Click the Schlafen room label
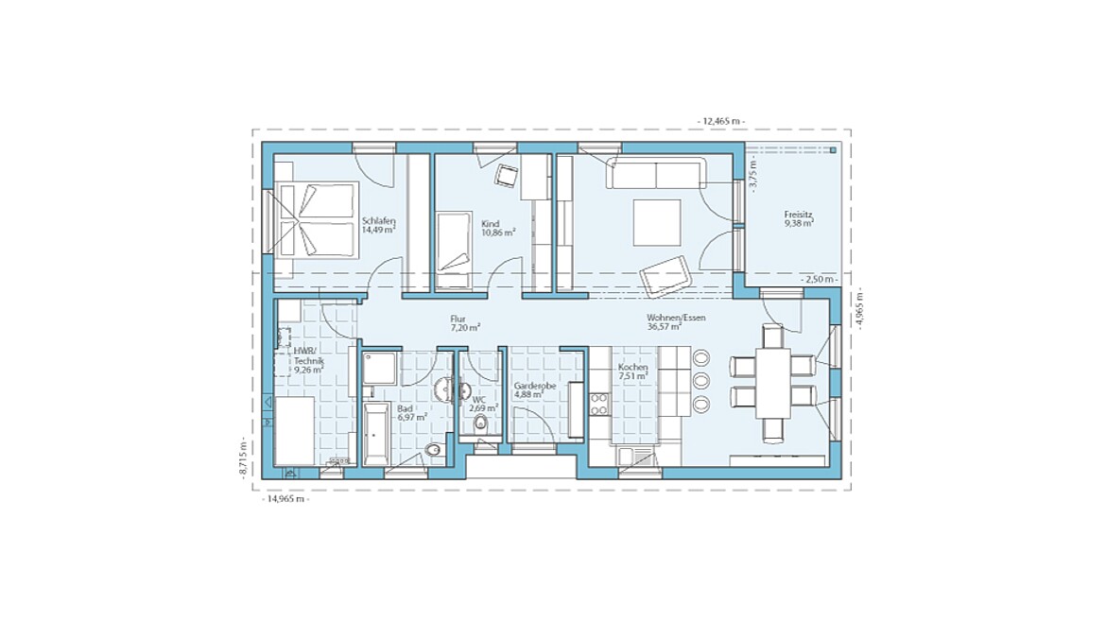378,225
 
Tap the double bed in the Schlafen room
317,220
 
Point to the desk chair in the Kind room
508,174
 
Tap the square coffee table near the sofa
656,223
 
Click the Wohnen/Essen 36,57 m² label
676,322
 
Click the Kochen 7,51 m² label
632,371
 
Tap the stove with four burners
599,404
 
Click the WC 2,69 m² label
483,404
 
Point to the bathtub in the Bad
374,433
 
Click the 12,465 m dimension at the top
720,121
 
